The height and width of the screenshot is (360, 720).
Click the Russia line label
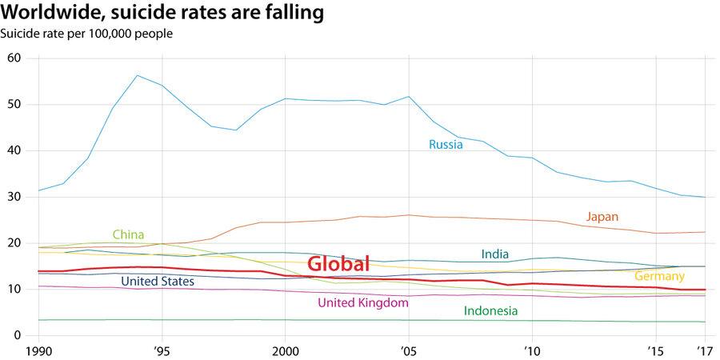[446, 145]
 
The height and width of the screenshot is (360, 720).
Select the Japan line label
[602, 217]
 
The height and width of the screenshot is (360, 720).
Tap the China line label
[128, 234]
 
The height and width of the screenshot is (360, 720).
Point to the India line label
[495, 254]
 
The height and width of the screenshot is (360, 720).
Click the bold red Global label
[338, 264]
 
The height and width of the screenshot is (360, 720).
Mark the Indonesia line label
[490, 310]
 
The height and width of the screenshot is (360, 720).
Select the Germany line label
[659, 276]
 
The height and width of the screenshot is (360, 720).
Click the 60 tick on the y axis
[14, 58]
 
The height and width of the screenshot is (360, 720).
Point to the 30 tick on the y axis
[14, 197]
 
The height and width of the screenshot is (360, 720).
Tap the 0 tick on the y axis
[17, 335]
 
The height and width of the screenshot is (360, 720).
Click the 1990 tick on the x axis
[38, 350]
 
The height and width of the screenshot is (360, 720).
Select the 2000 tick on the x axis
[286, 350]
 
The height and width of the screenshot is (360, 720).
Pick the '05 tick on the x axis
[409, 350]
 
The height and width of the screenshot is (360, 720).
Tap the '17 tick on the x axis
[705, 350]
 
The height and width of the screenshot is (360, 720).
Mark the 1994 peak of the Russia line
[138, 75]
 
